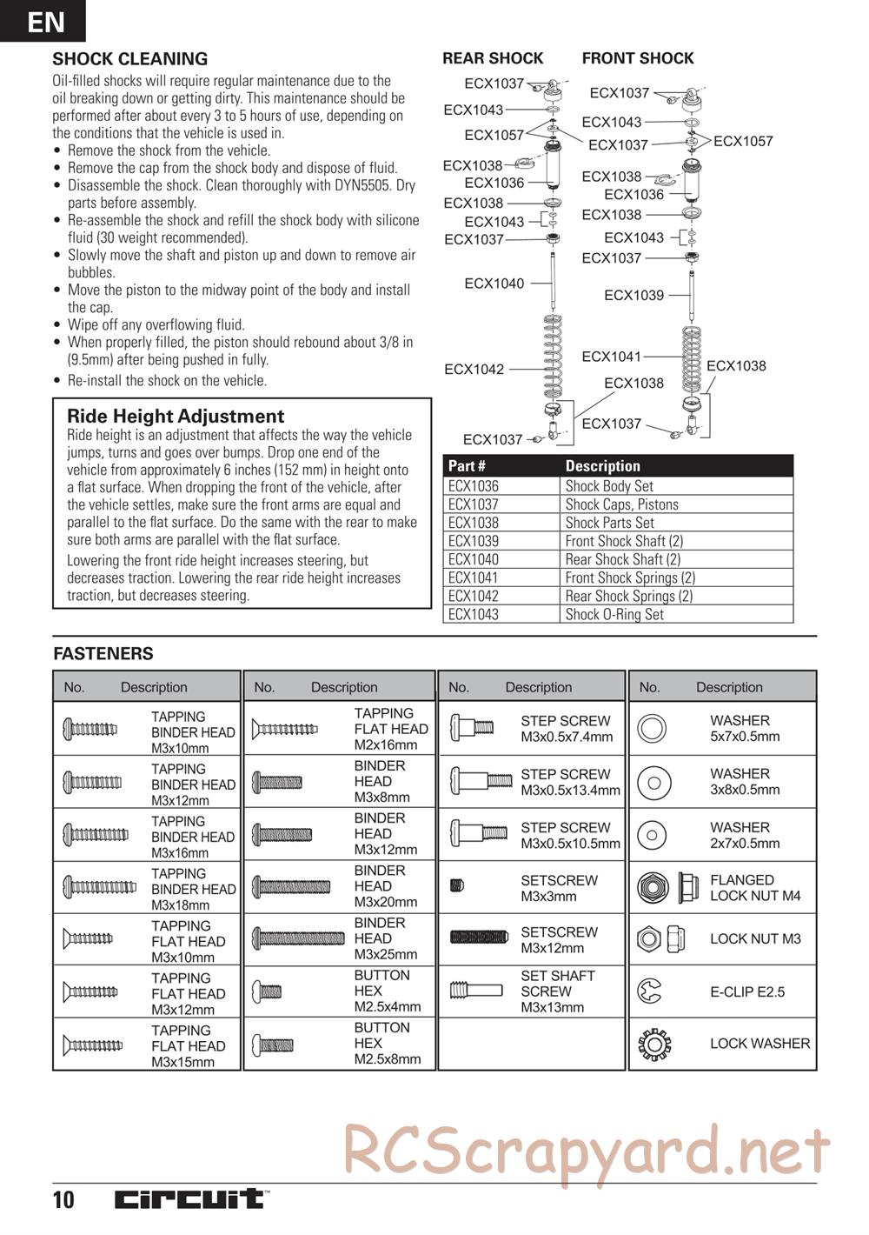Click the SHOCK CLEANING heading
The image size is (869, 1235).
(x=130, y=59)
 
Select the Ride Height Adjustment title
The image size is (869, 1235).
(x=176, y=416)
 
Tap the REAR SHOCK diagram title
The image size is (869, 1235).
(x=493, y=58)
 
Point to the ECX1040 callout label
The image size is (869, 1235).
(x=494, y=284)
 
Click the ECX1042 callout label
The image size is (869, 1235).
(x=474, y=370)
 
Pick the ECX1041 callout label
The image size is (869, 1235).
(x=612, y=357)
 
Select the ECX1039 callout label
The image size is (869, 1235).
(x=634, y=296)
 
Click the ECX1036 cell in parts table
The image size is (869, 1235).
(x=474, y=486)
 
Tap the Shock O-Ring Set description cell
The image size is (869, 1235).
(x=614, y=614)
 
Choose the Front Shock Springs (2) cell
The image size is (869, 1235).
(x=630, y=577)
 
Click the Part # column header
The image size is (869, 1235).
(x=468, y=466)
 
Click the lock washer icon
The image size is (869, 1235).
(x=652, y=1043)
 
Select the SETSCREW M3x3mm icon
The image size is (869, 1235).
(x=457, y=886)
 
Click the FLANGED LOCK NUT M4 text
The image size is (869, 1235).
(x=755, y=887)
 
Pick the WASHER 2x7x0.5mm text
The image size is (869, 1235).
(x=745, y=835)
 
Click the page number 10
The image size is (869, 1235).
(x=63, y=1200)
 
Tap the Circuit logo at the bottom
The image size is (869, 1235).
(x=191, y=1198)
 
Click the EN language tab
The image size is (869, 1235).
(x=43, y=21)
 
